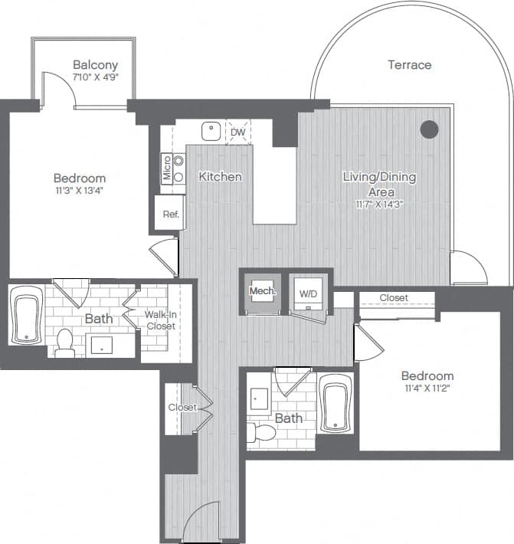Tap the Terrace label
click(409, 65)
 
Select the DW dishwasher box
click(238, 133)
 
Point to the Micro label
click(166, 168)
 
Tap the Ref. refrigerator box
click(170, 215)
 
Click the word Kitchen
click(220, 177)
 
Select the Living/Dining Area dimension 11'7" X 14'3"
click(379, 205)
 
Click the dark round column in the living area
click(430, 129)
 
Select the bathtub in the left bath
click(27, 316)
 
